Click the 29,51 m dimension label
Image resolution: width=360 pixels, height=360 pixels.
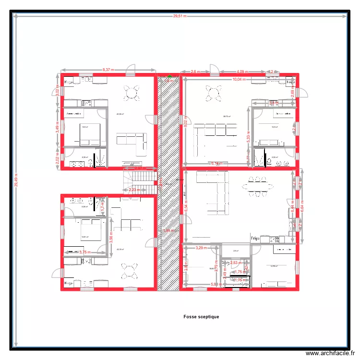point(180,16)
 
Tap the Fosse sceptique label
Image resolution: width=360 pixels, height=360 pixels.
point(201,317)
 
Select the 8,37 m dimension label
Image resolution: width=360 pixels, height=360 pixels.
point(108,70)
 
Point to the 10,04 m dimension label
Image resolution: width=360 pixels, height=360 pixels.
point(239,80)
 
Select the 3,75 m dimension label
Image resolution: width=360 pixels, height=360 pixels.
point(85,252)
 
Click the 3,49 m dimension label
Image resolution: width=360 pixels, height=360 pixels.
point(58,126)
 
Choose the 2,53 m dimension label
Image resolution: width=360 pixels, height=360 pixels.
point(236,263)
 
